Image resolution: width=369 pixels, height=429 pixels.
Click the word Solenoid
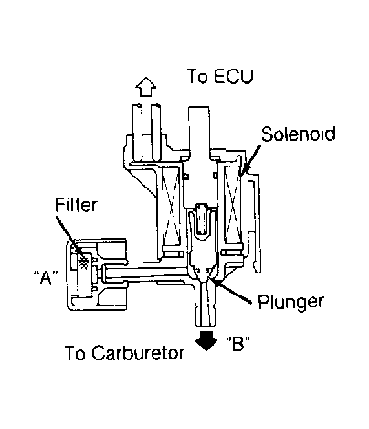299,134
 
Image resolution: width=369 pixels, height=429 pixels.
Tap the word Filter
76,204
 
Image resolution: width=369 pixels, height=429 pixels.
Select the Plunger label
290,302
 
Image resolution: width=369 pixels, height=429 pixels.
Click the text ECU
233,76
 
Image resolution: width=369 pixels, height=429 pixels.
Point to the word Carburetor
138,353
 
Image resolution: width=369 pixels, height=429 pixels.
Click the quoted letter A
46,277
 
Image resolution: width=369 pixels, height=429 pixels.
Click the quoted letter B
238,343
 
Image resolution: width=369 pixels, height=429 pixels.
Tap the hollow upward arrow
146,87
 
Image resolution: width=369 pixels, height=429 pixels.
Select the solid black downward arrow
206,340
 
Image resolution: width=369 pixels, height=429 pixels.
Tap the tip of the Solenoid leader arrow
240,175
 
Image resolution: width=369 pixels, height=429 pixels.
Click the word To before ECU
197,76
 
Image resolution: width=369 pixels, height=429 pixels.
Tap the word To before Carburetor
75,353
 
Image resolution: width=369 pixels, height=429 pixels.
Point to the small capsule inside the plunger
201,219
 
